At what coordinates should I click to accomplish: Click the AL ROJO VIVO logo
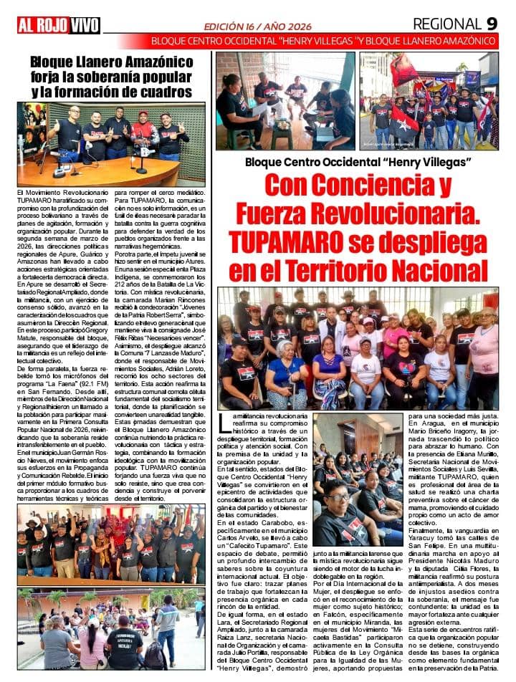tap(59, 25)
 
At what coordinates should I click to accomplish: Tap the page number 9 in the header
tap(492, 23)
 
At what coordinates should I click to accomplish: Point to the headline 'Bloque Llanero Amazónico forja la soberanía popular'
tap(110, 77)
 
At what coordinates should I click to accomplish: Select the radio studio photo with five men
tap(110, 143)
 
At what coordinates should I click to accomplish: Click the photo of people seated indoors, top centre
tap(285, 100)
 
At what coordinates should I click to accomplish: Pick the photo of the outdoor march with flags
tap(429, 100)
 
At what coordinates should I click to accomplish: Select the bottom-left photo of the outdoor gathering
tap(110, 629)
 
